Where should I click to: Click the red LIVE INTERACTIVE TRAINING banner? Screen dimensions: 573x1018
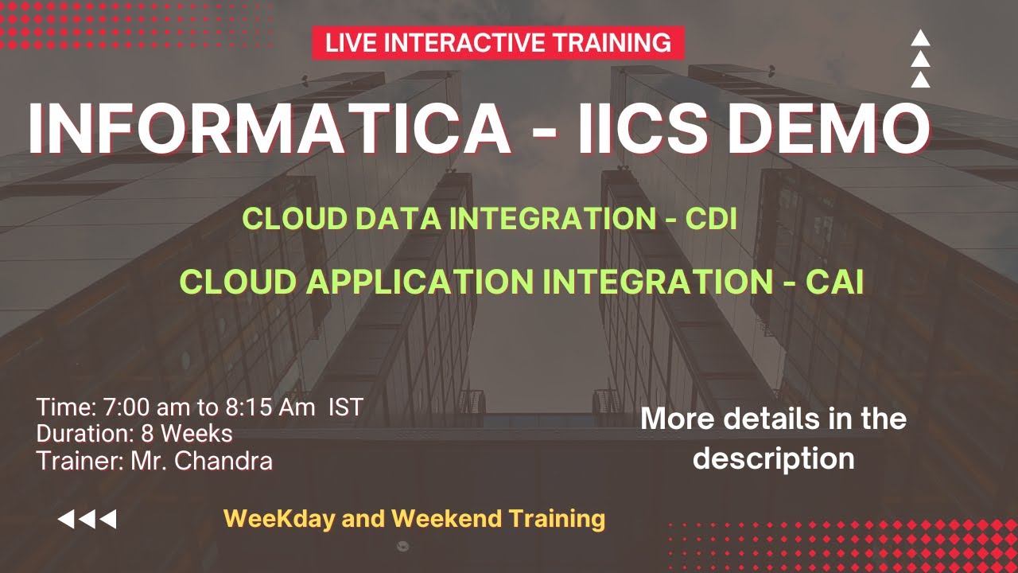(498, 42)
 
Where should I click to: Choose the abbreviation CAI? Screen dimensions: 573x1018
(834, 282)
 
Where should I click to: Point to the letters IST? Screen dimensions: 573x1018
(346, 407)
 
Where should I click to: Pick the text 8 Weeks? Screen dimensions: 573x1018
(187, 434)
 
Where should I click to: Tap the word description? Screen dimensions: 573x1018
(773, 458)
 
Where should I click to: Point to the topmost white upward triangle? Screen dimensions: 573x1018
(920, 37)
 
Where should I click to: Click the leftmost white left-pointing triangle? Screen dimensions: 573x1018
(66, 520)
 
